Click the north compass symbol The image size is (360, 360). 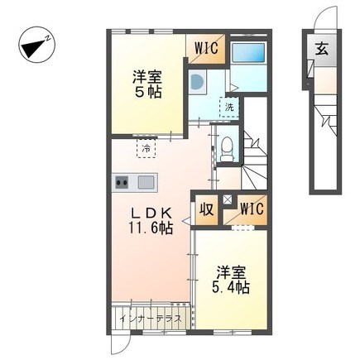click(x=37, y=45)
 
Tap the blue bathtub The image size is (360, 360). click(x=248, y=53)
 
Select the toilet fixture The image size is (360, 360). click(x=228, y=149)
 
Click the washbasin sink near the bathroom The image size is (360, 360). click(x=197, y=81)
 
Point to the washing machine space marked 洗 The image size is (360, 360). click(x=229, y=108)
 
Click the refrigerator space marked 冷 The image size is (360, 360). click(x=146, y=148)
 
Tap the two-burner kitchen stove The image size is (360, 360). click(x=122, y=182)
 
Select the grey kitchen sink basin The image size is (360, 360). click(x=146, y=182)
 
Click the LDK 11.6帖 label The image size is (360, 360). click(x=151, y=220)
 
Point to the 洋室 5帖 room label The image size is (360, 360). click(x=147, y=84)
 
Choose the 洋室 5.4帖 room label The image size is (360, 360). click(x=231, y=280)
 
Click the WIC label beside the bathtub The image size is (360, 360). click(x=207, y=49)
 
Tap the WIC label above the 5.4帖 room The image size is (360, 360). click(x=252, y=209)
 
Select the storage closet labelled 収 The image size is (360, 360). click(x=207, y=209)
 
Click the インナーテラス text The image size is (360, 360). click(x=151, y=319)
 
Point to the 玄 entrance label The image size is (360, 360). click(x=322, y=50)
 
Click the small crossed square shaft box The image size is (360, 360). click(x=228, y=200)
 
